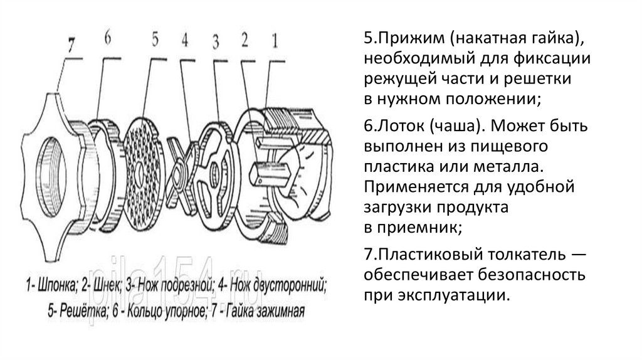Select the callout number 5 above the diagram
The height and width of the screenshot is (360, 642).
click(x=154, y=39)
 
